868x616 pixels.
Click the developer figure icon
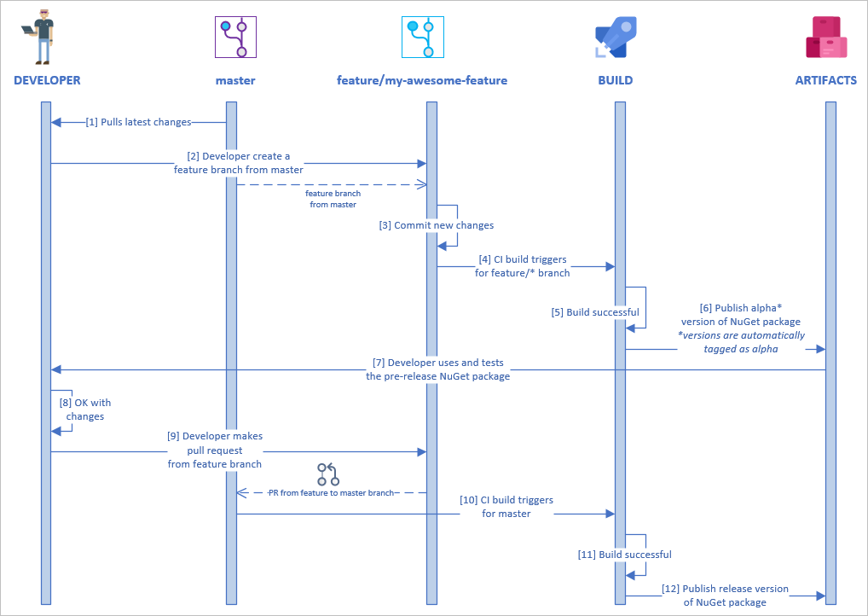coord(38,39)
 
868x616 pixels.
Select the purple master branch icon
coord(235,38)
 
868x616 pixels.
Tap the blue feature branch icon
coord(423,38)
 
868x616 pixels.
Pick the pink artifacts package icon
coord(825,38)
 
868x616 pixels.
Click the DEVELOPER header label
coord(47,81)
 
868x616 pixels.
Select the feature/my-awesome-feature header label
coord(422,81)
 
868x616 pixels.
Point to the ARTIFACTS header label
coord(825,81)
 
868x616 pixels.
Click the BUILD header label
coord(616,81)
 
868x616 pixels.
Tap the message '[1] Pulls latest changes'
coord(138,122)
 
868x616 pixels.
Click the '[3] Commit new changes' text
coord(437,225)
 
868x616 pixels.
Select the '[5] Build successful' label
coord(595,312)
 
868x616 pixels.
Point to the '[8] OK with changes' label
coord(85,410)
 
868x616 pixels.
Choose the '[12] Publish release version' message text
coord(725,589)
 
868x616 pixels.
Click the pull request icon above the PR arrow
coord(327,474)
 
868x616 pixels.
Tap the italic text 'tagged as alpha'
coord(741,349)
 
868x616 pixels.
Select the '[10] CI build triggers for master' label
coord(506,507)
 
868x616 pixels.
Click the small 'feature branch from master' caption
coord(333,199)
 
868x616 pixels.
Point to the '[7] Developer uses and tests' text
coord(438,363)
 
